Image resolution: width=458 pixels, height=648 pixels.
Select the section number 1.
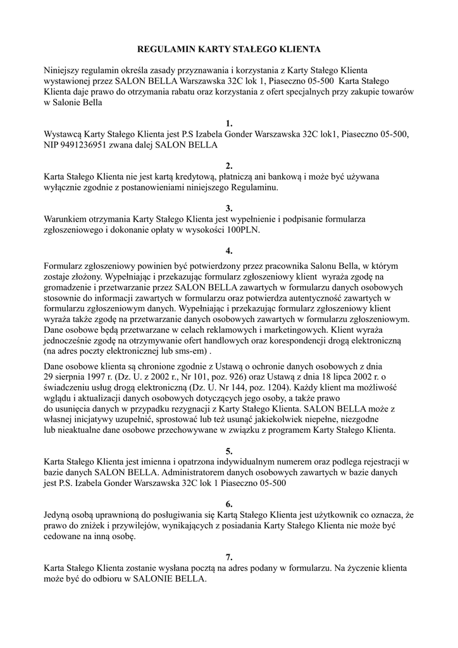[229, 123]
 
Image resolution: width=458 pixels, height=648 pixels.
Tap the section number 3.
[229, 208]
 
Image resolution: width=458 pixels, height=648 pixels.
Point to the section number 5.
[229, 451]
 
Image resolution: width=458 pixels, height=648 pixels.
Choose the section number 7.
[229, 557]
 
